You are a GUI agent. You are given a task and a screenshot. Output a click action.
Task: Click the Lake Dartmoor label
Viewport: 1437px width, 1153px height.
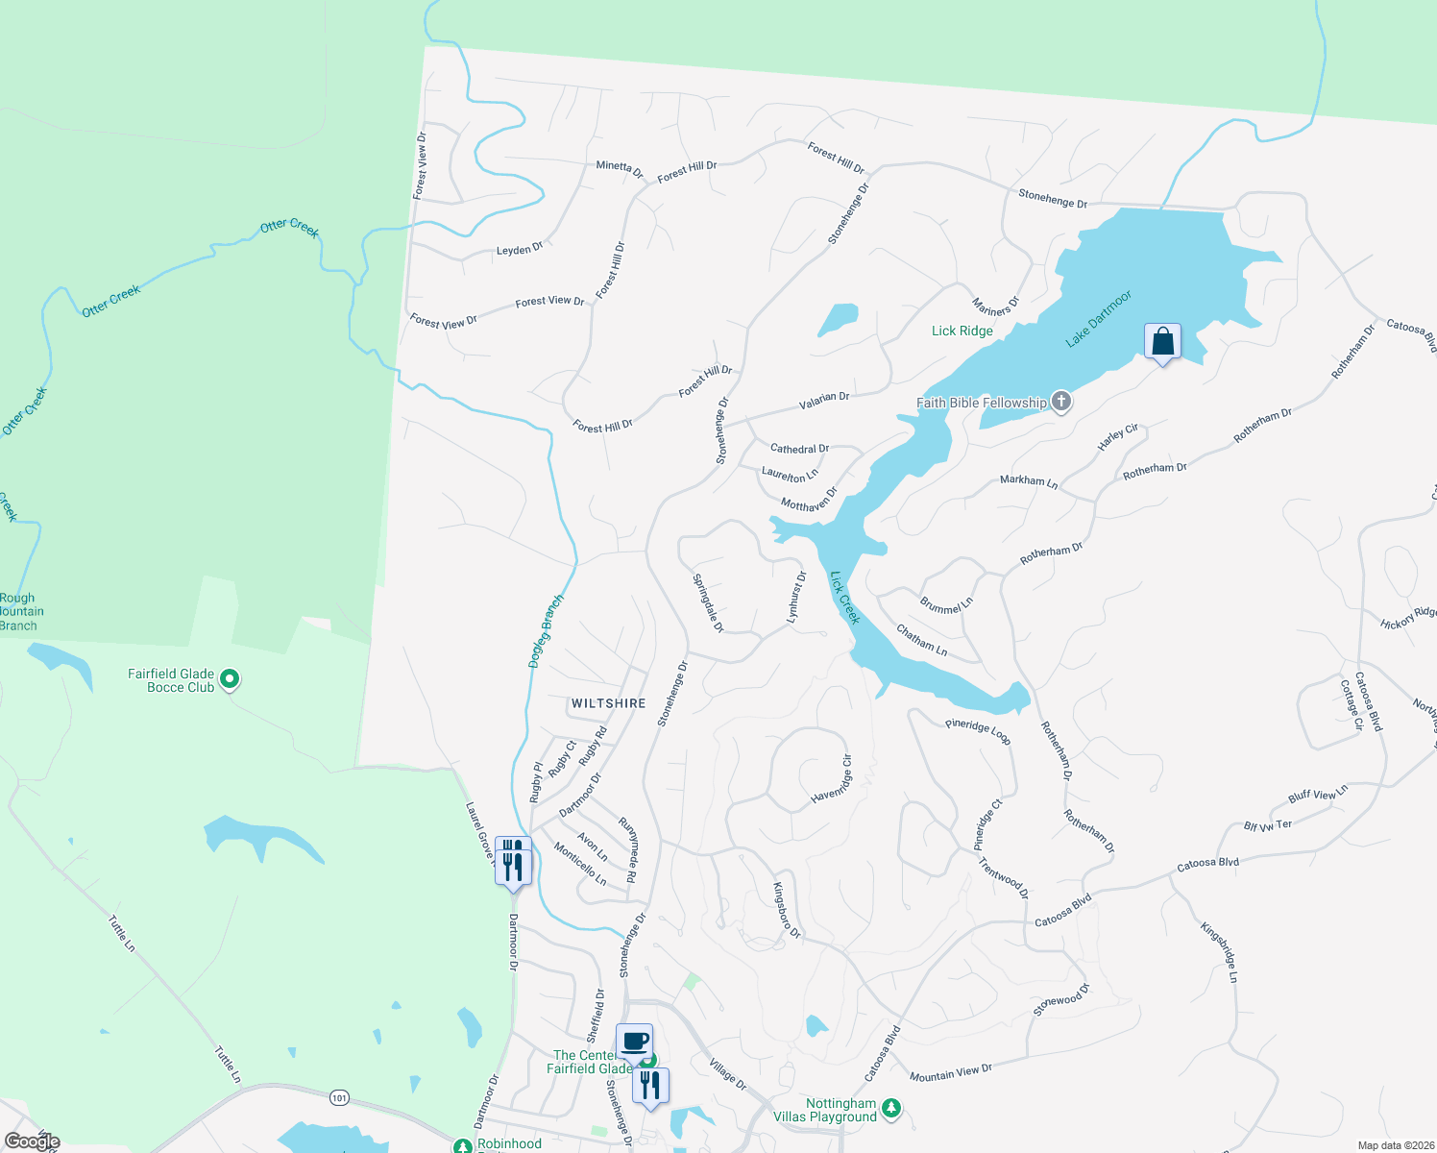1099,319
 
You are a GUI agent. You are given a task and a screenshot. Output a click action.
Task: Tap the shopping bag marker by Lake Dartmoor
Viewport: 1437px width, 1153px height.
1162,342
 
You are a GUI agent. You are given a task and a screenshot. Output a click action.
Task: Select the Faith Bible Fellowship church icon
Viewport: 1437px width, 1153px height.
1061,402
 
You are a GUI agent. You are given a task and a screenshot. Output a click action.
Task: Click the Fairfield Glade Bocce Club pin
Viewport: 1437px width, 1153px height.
230,680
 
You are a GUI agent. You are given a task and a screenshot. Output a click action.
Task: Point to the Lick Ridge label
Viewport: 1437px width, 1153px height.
962,331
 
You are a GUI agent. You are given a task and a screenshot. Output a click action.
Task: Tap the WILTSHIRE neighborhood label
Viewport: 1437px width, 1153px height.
608,703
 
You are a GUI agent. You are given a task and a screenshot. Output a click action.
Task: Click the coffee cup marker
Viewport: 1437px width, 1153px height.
634,1041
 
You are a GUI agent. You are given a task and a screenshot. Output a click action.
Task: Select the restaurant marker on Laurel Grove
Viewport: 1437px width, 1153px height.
513,861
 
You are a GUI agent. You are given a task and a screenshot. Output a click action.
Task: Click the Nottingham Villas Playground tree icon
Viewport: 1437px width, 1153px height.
891,1109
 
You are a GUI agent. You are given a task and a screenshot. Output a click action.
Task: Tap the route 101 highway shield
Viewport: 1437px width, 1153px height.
338,1097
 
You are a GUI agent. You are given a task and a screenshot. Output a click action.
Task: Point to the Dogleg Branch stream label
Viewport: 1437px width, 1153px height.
547,630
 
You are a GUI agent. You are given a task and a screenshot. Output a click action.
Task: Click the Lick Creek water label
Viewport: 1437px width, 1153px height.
844,598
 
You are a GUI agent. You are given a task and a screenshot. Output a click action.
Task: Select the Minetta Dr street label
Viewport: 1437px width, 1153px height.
619,169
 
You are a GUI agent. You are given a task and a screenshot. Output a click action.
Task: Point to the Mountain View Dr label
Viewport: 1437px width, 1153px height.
950,1072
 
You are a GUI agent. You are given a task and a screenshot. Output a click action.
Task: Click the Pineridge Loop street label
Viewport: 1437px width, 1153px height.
977,731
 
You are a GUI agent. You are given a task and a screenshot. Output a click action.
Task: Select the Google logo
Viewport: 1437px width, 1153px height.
32,1141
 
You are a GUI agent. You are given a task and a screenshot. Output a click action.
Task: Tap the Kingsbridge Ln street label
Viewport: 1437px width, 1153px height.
1219,951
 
